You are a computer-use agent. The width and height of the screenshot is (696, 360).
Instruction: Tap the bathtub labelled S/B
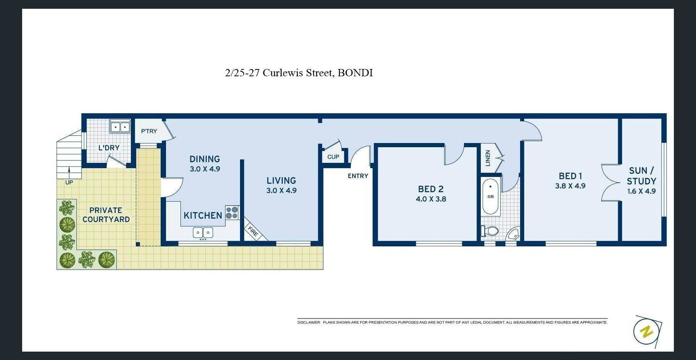click(490, 197)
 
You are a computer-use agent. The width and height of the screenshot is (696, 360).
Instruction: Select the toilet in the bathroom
click(490, 231)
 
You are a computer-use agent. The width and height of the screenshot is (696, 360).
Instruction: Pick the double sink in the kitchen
click(203, 233)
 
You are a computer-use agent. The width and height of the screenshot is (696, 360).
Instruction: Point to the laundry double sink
click(120, 127)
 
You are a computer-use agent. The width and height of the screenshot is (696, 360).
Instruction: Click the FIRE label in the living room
click(253, 231)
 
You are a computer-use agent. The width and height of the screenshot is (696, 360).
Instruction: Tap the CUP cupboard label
click(333, 157)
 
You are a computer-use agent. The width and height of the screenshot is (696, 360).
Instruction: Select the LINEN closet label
click(488, 158)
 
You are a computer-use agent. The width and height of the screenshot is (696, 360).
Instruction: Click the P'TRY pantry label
click(149, 131)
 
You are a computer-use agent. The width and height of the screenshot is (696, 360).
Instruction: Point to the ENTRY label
click(358, 176)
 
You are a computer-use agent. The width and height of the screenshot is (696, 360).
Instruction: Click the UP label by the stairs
click(69, 182)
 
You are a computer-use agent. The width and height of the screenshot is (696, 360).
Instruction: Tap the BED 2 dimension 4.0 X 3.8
click(431, 199)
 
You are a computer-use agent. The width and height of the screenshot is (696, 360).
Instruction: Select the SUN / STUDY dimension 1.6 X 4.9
click(641, 191)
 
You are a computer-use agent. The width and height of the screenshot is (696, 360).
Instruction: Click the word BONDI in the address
click(355, 73)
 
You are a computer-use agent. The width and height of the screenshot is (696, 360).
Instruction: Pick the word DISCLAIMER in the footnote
click(309, 323)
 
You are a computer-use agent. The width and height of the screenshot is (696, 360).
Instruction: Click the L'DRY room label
click(109, 148)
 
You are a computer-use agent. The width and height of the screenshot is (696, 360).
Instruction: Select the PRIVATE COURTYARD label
click(106, 215)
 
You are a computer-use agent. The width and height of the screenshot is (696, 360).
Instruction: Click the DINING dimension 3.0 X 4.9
click(205, 169)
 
